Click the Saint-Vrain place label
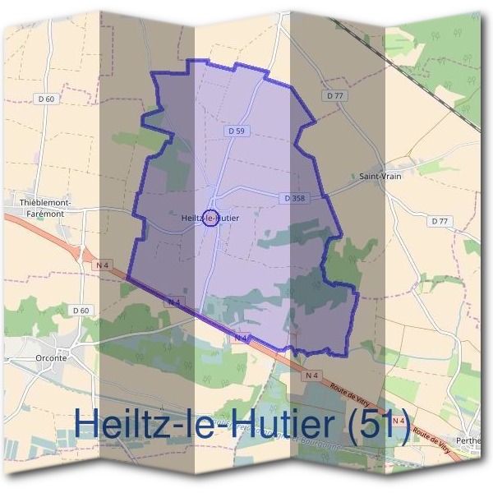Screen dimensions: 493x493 click(375, 176)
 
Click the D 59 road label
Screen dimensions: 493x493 click(236, 131)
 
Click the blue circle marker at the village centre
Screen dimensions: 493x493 click(210, 218)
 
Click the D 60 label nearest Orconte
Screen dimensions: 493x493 click(80, 310)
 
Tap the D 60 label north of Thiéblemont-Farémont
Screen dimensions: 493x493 click(46, 99)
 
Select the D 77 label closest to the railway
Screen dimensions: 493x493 click(334, 96)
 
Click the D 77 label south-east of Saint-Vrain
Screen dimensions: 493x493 click(440, 221)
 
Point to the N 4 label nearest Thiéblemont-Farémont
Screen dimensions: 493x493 click(102, 265)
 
